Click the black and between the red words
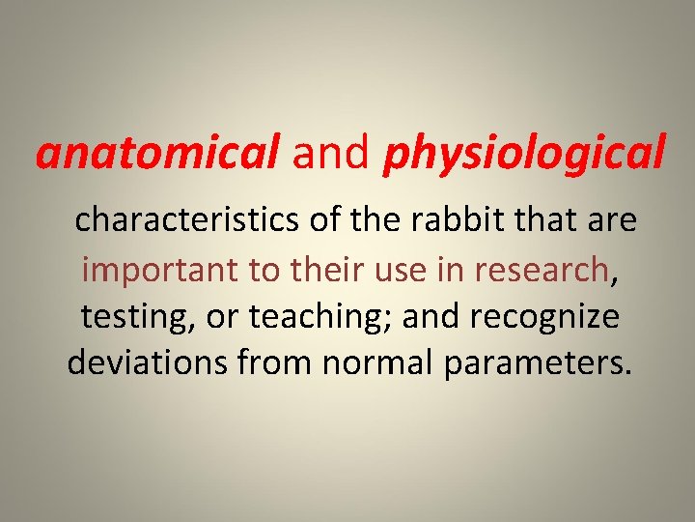point(331,155)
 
